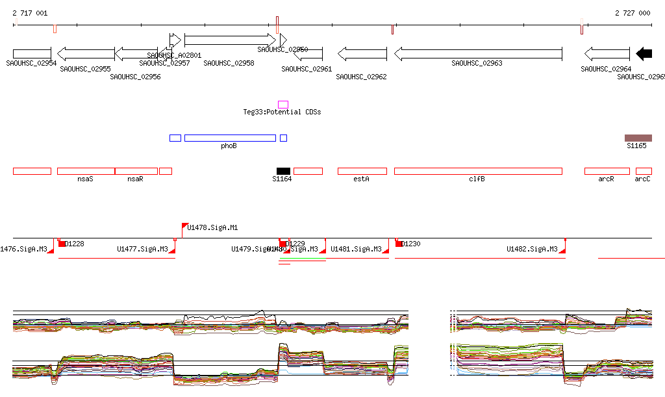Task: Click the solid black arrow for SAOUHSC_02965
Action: pos(644,54)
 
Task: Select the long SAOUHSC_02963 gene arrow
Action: pos(478,54)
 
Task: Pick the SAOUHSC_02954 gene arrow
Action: pos(32,54)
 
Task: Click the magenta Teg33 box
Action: pos(283,104)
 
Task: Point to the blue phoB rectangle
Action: pos(230,138)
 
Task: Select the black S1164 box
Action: pos(283,171)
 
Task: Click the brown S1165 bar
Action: pos(638,138)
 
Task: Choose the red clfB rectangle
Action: pos(478,171)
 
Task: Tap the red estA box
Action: pos(362,171)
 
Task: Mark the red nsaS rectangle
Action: pos(86,171)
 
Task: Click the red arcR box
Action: pos(607,171)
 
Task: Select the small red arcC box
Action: pos(644,171)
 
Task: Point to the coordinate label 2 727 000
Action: pos(632,13)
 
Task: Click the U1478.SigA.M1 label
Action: pos(212,227)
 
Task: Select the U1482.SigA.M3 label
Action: pos(532,249)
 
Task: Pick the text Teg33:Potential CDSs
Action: pos(282,112)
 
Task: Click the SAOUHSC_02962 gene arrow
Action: pos(362,54)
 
